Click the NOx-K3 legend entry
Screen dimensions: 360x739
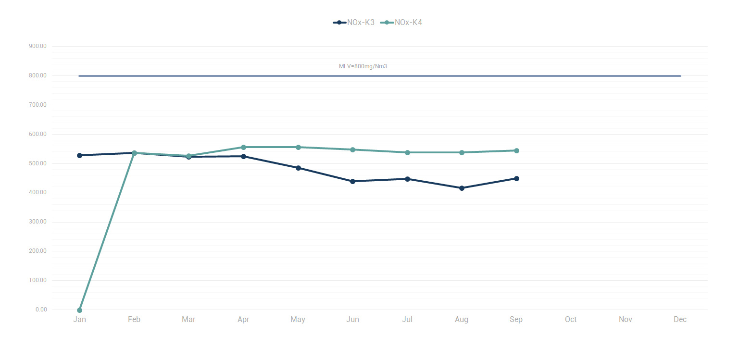354,23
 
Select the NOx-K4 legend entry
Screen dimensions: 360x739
402,23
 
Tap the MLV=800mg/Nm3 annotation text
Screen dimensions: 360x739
363,66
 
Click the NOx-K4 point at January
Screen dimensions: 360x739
79,310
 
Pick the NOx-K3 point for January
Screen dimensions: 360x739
79,155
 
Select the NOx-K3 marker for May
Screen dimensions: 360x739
298,168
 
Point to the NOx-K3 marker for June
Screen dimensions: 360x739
352,181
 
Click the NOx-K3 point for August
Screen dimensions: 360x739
462,188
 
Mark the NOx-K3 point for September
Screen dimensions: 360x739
516,178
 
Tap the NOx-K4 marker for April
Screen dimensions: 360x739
243,147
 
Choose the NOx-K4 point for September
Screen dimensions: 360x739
516,150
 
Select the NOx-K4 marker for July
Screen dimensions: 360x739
407,152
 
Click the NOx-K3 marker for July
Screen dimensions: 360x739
407,179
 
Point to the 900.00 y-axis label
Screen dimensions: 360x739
38,47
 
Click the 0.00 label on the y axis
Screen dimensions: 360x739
41,310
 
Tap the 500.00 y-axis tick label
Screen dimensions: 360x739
38,163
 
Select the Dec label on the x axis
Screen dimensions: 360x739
680,320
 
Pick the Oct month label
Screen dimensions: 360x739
571,320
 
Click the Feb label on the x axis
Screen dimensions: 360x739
134,320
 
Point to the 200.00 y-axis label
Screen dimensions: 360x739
38,251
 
